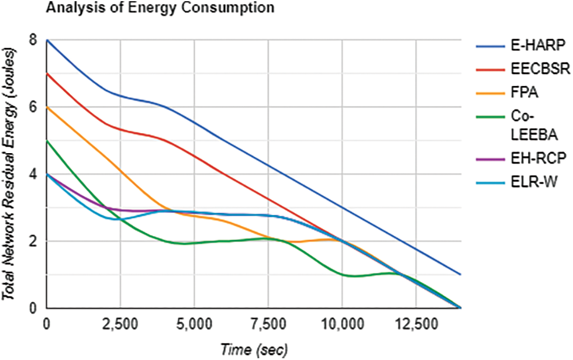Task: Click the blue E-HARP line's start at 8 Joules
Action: (47, 40)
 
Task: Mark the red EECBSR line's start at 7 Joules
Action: (47, 74)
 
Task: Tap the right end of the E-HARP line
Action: (461, 274)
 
